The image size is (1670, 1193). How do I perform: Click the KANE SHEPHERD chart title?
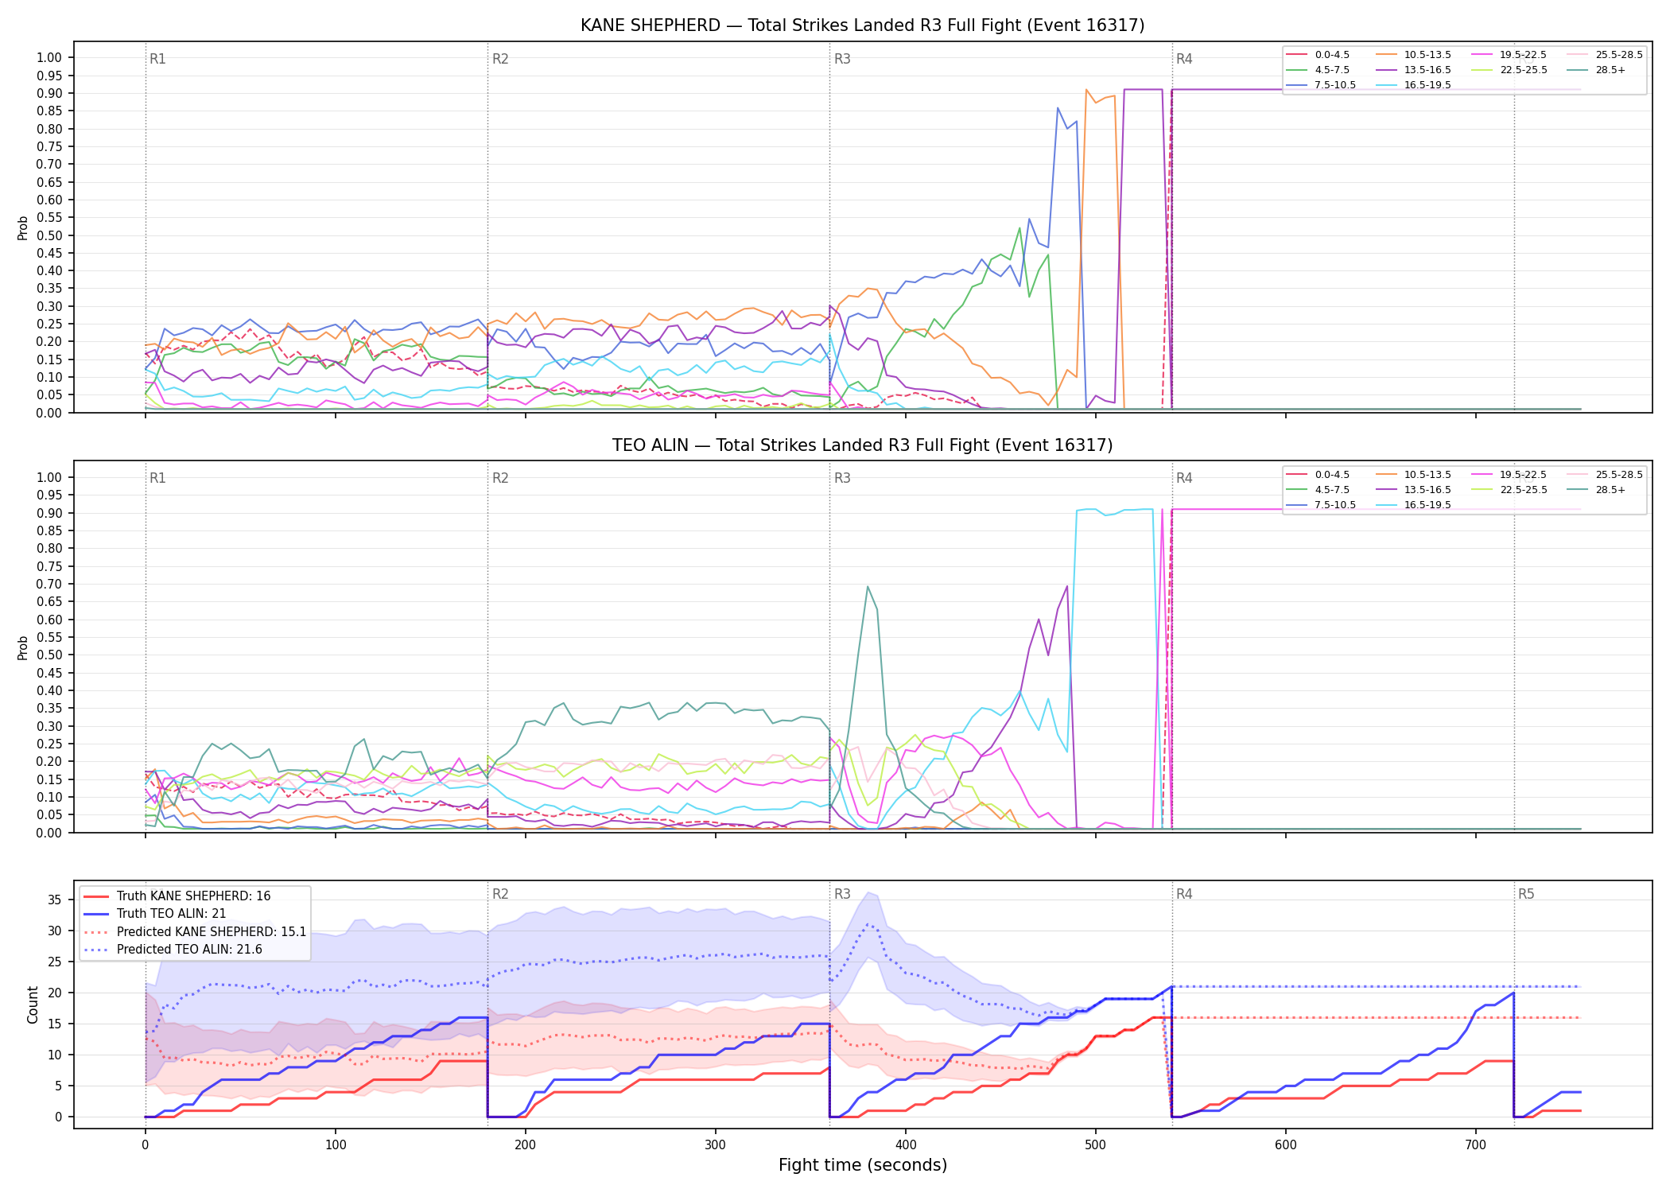(862, 25)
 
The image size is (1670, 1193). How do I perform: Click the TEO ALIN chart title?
(862, 445)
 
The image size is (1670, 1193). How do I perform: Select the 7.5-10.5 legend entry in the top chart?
(1321, 85)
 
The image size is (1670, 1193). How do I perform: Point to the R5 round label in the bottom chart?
(1526, 894)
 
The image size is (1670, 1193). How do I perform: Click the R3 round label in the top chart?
(842, 59)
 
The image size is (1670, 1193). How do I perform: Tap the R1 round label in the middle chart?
(157, 478)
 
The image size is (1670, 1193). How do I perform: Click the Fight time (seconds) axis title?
(863, 1165)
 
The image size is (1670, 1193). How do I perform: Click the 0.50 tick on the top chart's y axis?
(49, 235)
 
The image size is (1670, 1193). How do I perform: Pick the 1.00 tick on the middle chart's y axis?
(49, 477)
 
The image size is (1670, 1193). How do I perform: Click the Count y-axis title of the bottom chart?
(33, 1005)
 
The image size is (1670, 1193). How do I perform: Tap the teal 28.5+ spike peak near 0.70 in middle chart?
(867, 586)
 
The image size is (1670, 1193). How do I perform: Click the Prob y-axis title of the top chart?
(23, 228)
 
